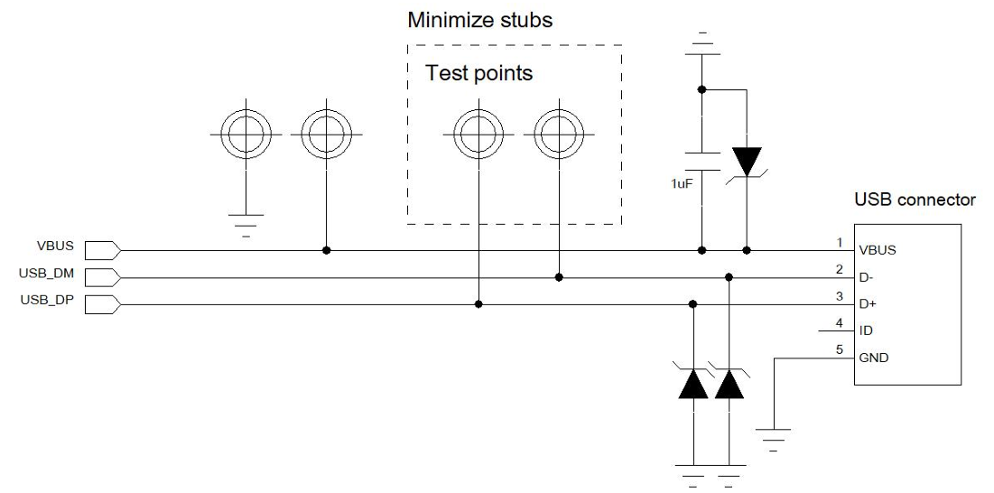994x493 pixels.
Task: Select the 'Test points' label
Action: tap(478, 72)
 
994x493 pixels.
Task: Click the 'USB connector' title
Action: tap(914, 200)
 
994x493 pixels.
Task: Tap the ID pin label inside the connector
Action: tap(866, 330)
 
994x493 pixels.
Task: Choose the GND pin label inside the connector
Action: tap(874, 358)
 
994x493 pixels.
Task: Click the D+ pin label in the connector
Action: tap(868, 304)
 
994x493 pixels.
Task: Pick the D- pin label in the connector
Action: tap(867, 277)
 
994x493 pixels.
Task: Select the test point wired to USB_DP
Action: tap(477, 135)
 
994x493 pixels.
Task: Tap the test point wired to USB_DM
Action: tap(558, 135)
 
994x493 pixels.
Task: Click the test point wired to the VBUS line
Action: tap(325, 135)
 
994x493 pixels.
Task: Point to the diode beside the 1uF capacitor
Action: tap(747, 163)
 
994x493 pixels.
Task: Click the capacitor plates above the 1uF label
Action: tap(701, 159)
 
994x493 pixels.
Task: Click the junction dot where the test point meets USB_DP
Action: tap(478, 304)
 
